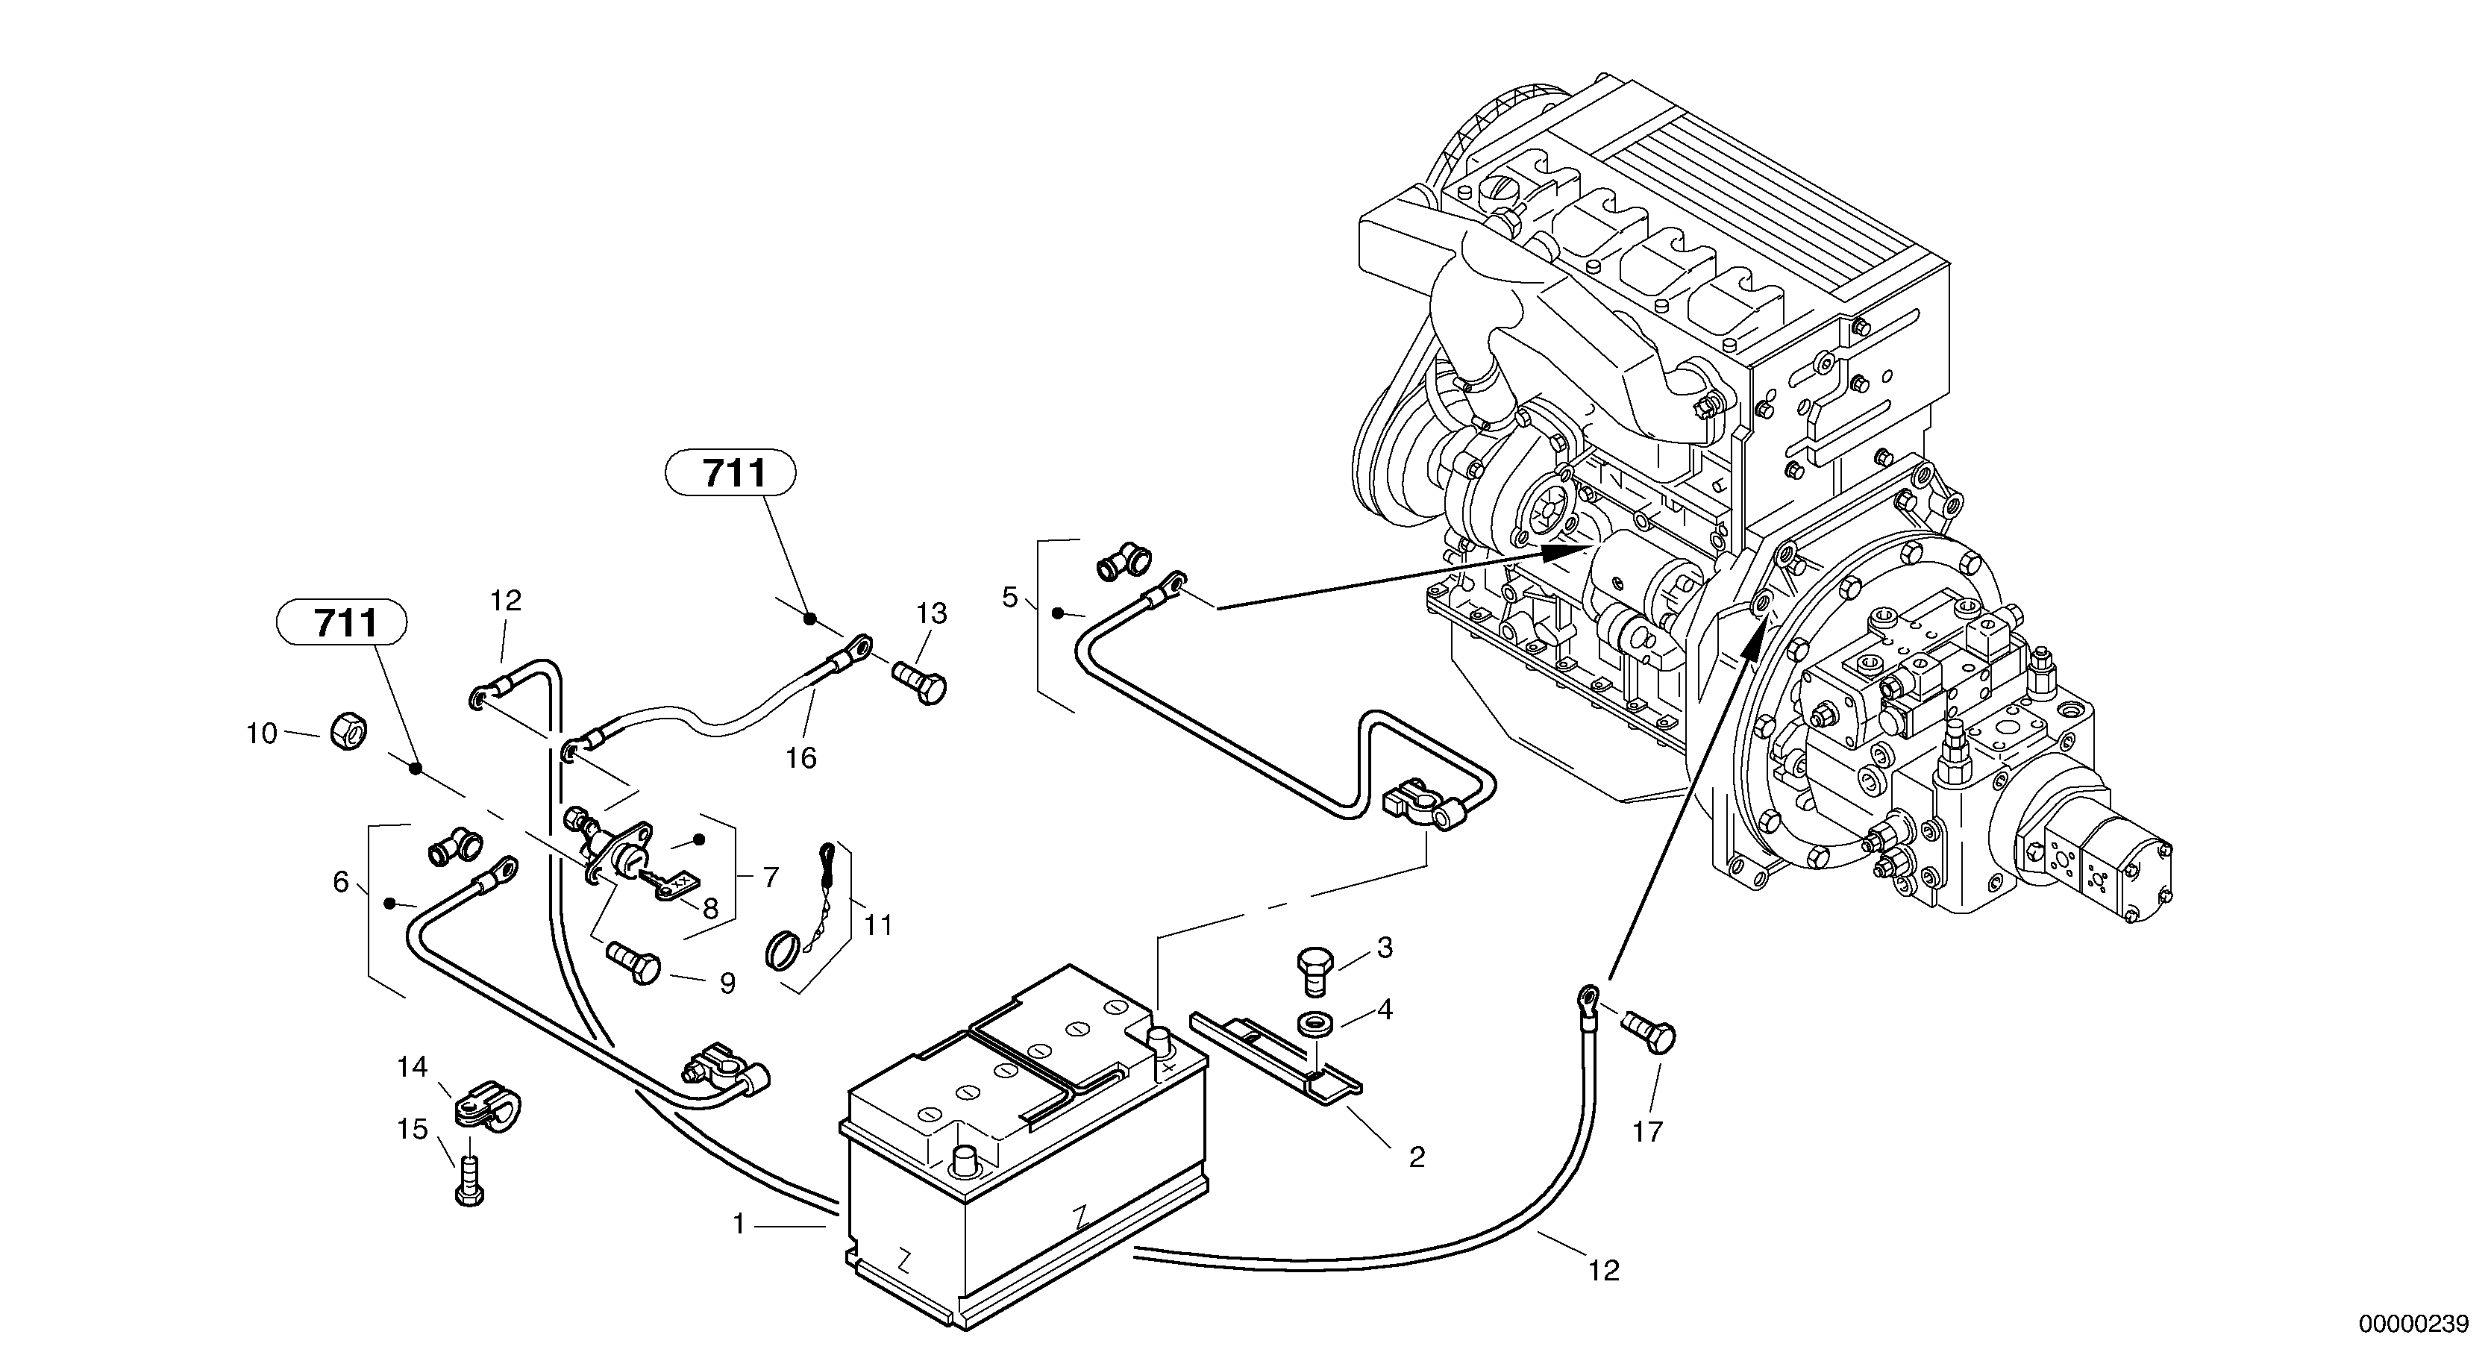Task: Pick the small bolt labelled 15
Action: tap(468, 1180)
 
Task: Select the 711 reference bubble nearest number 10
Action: tap(342, 622)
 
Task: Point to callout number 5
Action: tap(1009, 597)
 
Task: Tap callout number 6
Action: tap(340, 881)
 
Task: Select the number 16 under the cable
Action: tap(800, 757)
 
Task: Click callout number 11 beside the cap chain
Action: tap(878, 924)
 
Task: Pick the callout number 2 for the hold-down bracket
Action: tap(1417, 1157)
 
